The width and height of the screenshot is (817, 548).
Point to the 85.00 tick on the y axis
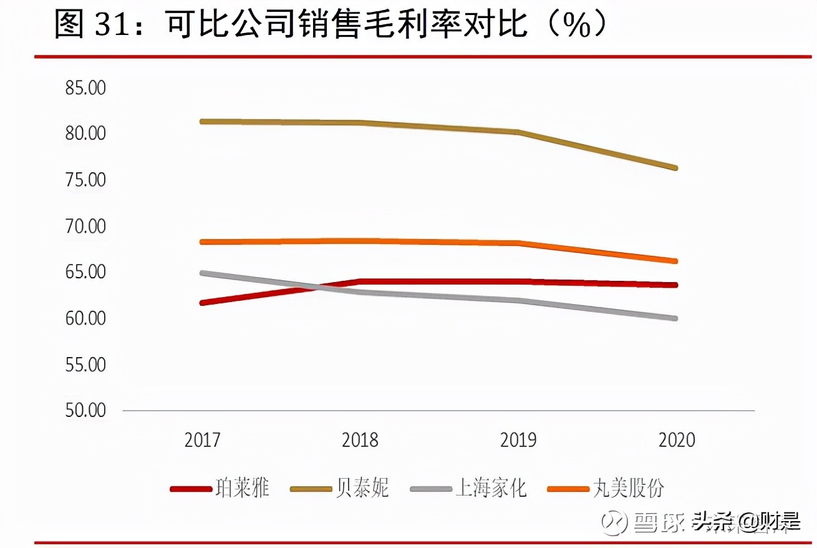85,88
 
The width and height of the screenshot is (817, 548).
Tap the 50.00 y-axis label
85,411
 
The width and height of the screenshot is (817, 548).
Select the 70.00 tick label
85,226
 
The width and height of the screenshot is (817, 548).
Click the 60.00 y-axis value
85,318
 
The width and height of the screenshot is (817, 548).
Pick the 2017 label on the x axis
202,440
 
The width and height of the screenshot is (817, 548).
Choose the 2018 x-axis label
360,440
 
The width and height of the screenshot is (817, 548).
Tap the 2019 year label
518,440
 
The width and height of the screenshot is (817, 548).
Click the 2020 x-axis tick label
676,440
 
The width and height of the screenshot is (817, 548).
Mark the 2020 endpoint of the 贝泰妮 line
675,168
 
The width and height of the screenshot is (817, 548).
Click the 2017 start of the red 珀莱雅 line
202,303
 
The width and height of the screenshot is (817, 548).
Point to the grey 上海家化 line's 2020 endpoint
675,318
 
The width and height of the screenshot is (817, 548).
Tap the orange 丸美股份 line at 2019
518,243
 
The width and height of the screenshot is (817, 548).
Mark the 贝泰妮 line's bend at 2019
518,132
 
